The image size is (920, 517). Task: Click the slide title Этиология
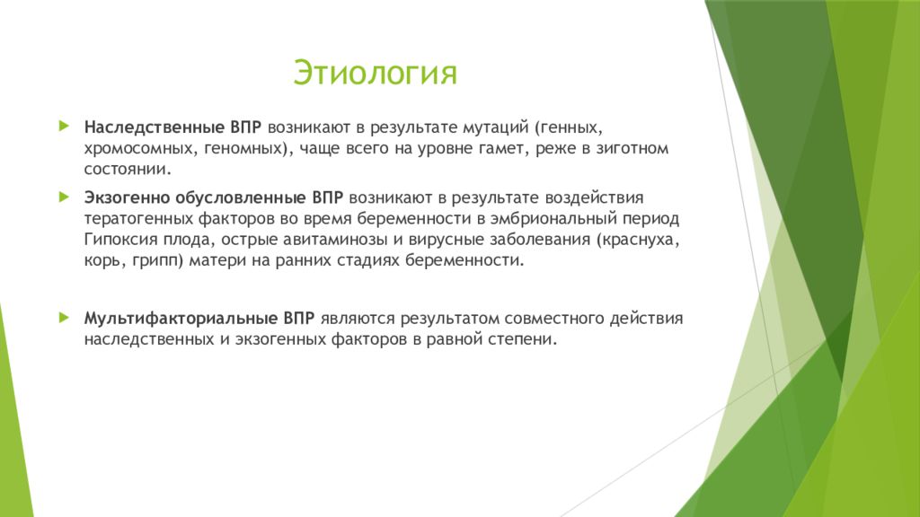pyautogui.click(x=375, y=73)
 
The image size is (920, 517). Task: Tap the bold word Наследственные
pyautogui.click(x=155, y=127)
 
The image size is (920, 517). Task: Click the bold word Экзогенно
pyautogui.click(x=127, y=197)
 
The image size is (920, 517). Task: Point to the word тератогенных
pyautogui.click(x=137, y=219)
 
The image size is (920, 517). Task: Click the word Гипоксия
pyautogui.click(x=121, y=239)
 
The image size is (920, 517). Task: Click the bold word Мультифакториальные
pyautogui.click(x=181, y=319)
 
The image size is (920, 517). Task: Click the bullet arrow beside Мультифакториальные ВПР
pyautogui.click(x=65, y=318)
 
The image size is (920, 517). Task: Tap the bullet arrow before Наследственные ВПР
pyautogui.click(x=65, y=126)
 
